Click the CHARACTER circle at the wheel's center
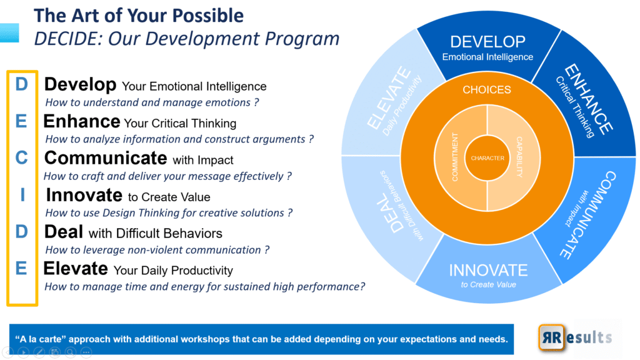point(487,158)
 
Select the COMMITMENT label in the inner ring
point(455,157)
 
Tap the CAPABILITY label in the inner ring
point(519,157)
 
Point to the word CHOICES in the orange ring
point(486,90)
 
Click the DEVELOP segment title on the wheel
point(487,42)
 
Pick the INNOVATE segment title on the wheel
point(488,270)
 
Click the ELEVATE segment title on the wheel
point(389,98)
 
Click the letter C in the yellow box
point(22,158)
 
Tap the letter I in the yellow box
point(22,195)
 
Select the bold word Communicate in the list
point(106,158)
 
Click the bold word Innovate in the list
point(84,195)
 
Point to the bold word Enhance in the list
point(82,121)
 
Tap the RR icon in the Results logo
point(551,337)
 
